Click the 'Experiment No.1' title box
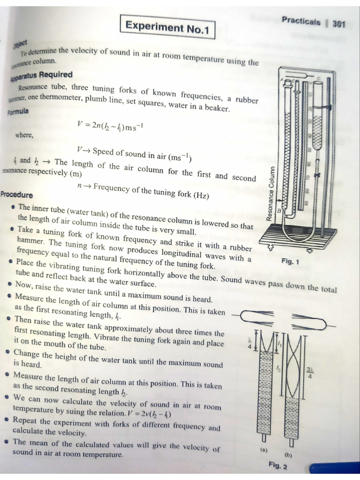[167, 27]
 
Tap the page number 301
[338, 23]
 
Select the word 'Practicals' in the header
[301, 21]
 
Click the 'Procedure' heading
[17, 195]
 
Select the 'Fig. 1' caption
[291, 262]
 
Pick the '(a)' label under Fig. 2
[263, 449]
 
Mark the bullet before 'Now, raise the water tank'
[10, 284]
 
